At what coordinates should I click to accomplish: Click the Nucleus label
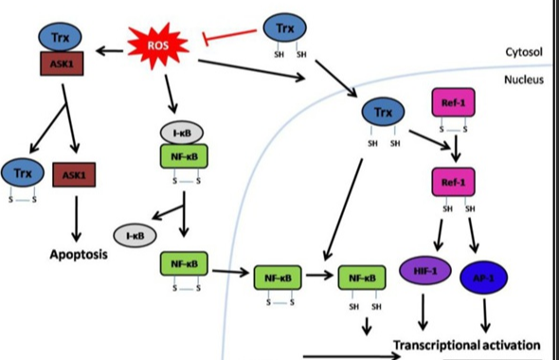(521, 81)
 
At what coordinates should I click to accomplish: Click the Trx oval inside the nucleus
(383, 113)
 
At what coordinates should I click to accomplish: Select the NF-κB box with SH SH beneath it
(361, 279)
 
